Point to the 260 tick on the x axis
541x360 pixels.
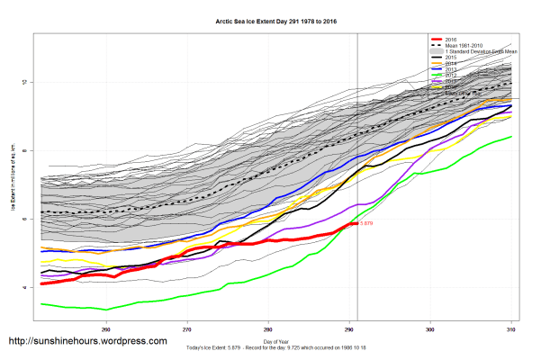pos(106,328)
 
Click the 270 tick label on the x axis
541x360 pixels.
pos(187,328)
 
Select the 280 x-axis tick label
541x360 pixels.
pos(268,328)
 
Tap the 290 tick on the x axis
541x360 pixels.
pos(350,328)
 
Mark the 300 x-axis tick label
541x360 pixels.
pos(431,328)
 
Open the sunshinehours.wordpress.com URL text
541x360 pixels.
pos(87,341)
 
